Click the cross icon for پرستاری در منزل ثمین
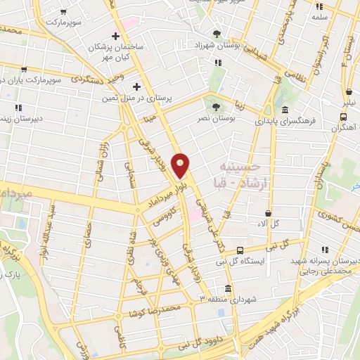[137, 86]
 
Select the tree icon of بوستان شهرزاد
[217, 33]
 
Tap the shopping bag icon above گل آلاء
[269, 212]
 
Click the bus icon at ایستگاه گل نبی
[240, 250]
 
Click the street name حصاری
[89, 231]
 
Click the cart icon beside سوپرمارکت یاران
[24, 70]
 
